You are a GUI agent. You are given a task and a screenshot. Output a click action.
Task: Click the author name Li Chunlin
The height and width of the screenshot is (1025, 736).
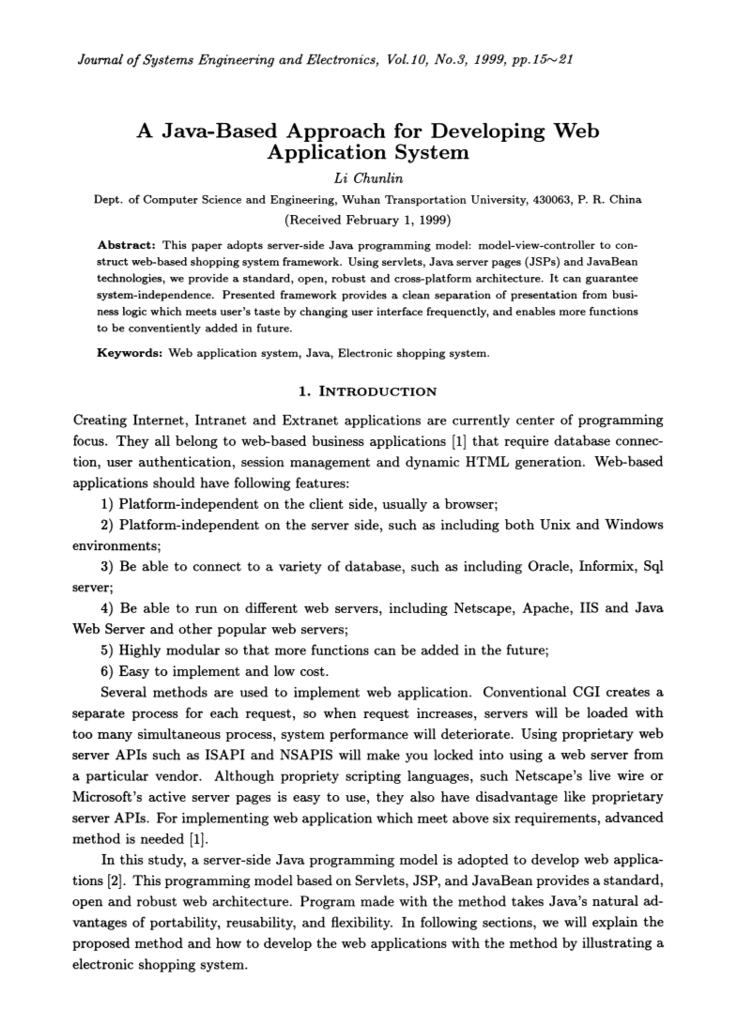pyautogui.click(x=368, y=176)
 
